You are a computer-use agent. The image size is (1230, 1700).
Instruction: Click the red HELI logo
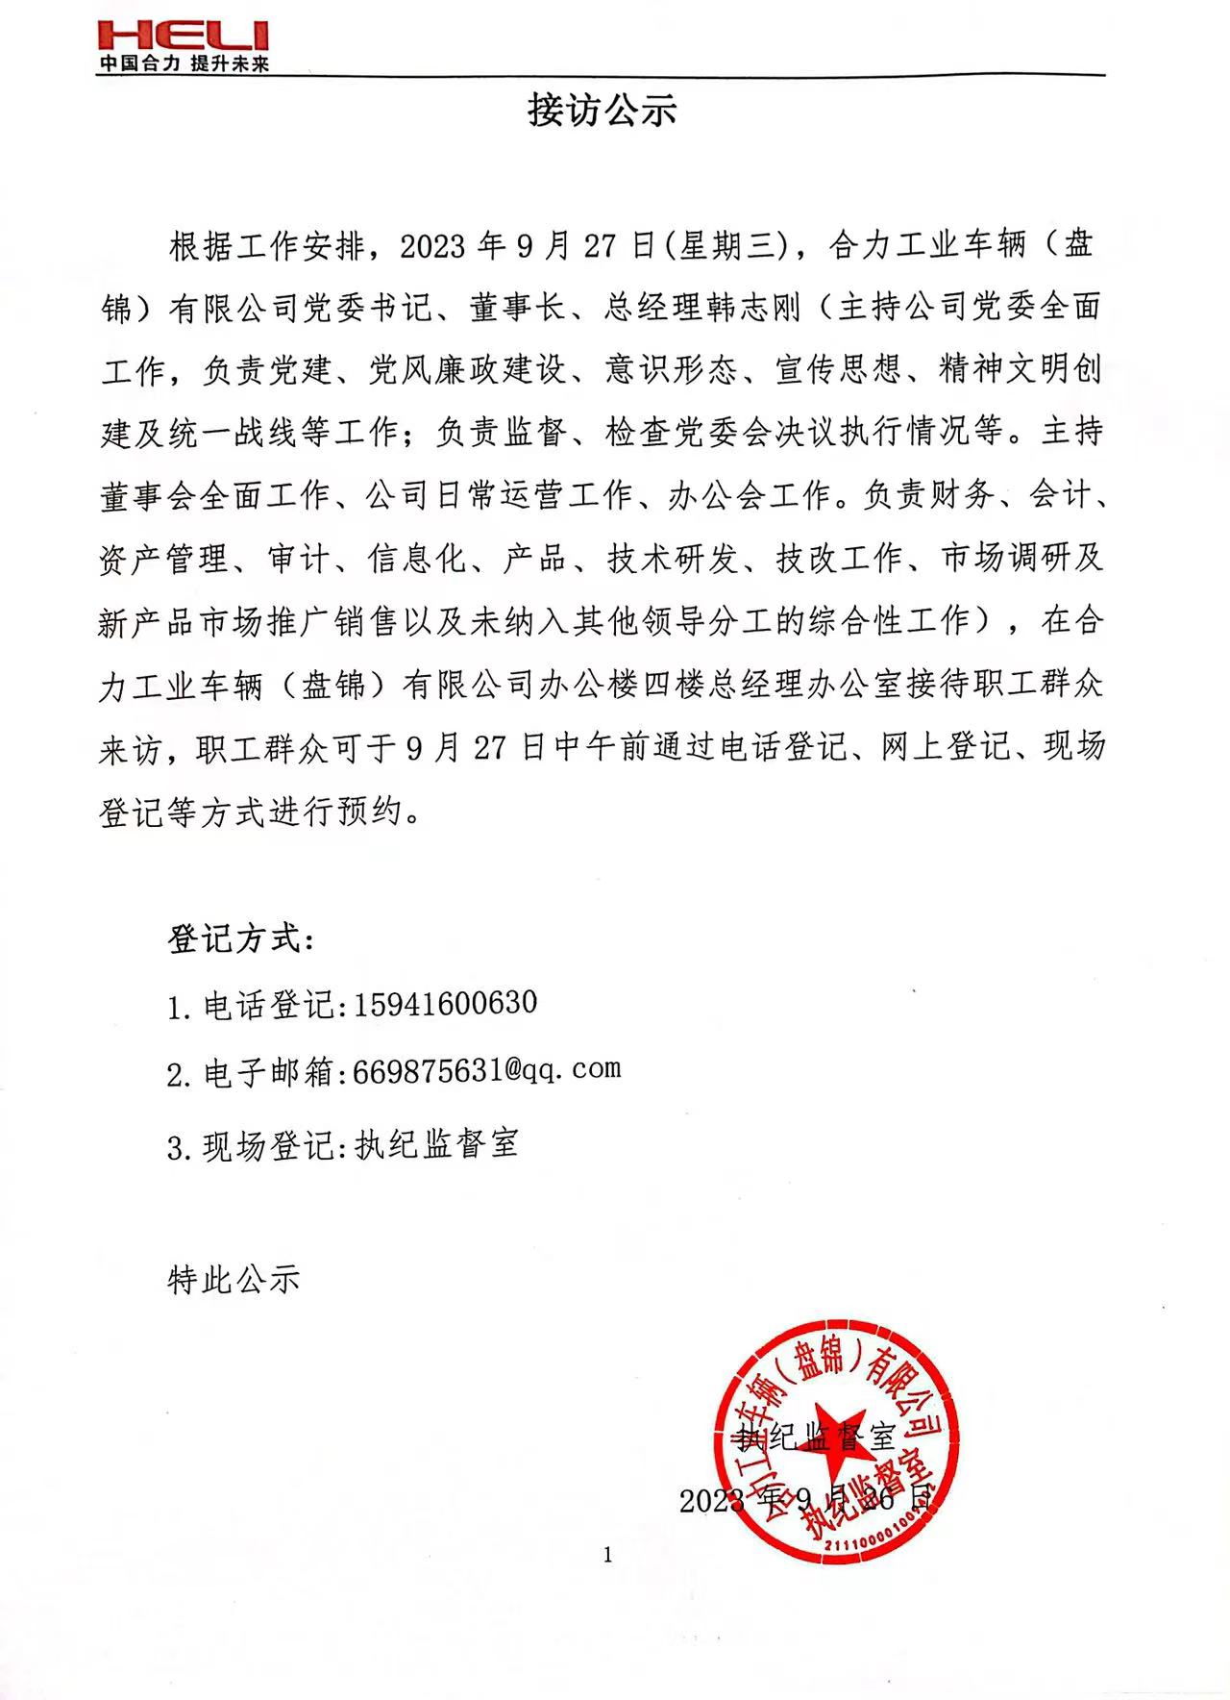tap(184, 37)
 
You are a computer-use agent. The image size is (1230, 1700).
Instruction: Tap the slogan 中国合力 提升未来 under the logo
tap(184, 64)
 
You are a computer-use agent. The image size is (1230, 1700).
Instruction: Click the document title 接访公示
tap(602, 111)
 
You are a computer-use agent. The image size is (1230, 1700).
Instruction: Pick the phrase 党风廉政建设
tap(467, 371)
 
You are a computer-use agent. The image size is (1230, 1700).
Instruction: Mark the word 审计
tap(301, 559)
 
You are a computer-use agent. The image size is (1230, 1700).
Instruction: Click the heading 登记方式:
tap(240, 938)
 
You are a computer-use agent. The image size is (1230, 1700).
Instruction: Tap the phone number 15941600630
tap(445, 1004)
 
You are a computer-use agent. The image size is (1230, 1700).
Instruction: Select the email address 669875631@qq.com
tap(486, 1070)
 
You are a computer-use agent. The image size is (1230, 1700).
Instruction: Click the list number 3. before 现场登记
tap(179, 1147)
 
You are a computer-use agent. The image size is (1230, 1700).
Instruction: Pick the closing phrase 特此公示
tap(234, 1279)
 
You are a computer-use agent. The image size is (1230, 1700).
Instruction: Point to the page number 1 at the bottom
tap(607, 1555)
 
